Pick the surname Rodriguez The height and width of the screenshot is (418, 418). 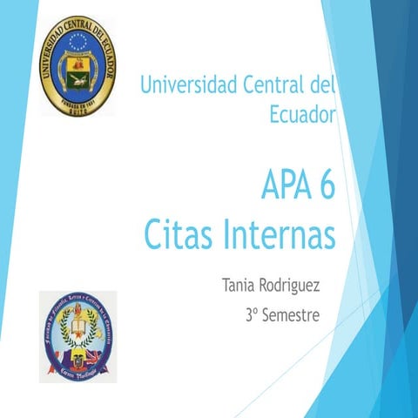pos(295,286)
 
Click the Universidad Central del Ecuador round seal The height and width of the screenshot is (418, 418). pos(78,65)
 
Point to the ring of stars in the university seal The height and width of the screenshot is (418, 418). pos(78,41)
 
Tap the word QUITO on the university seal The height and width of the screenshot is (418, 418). pos(78,109)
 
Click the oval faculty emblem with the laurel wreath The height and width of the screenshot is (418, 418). pos(78,334)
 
